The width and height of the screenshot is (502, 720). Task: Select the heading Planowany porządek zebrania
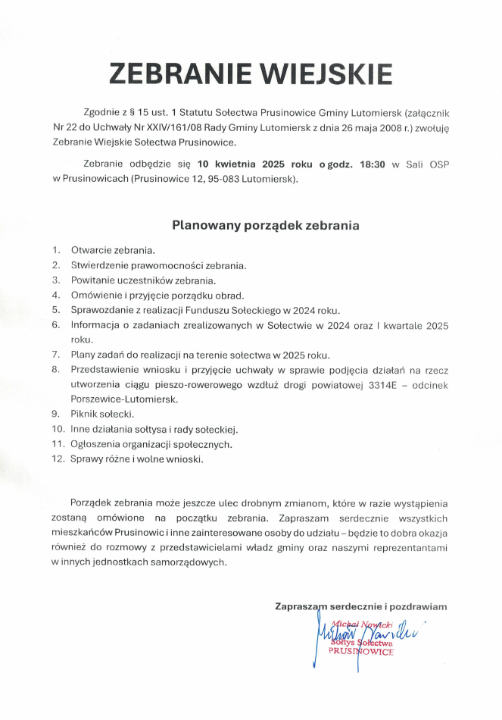[265, 225]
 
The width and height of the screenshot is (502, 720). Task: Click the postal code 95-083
[231, 179]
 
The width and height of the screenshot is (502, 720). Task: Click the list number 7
[56, 355]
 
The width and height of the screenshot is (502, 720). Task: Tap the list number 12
[58, 459]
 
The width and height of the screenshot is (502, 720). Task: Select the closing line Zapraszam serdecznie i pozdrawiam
[361, 606]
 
